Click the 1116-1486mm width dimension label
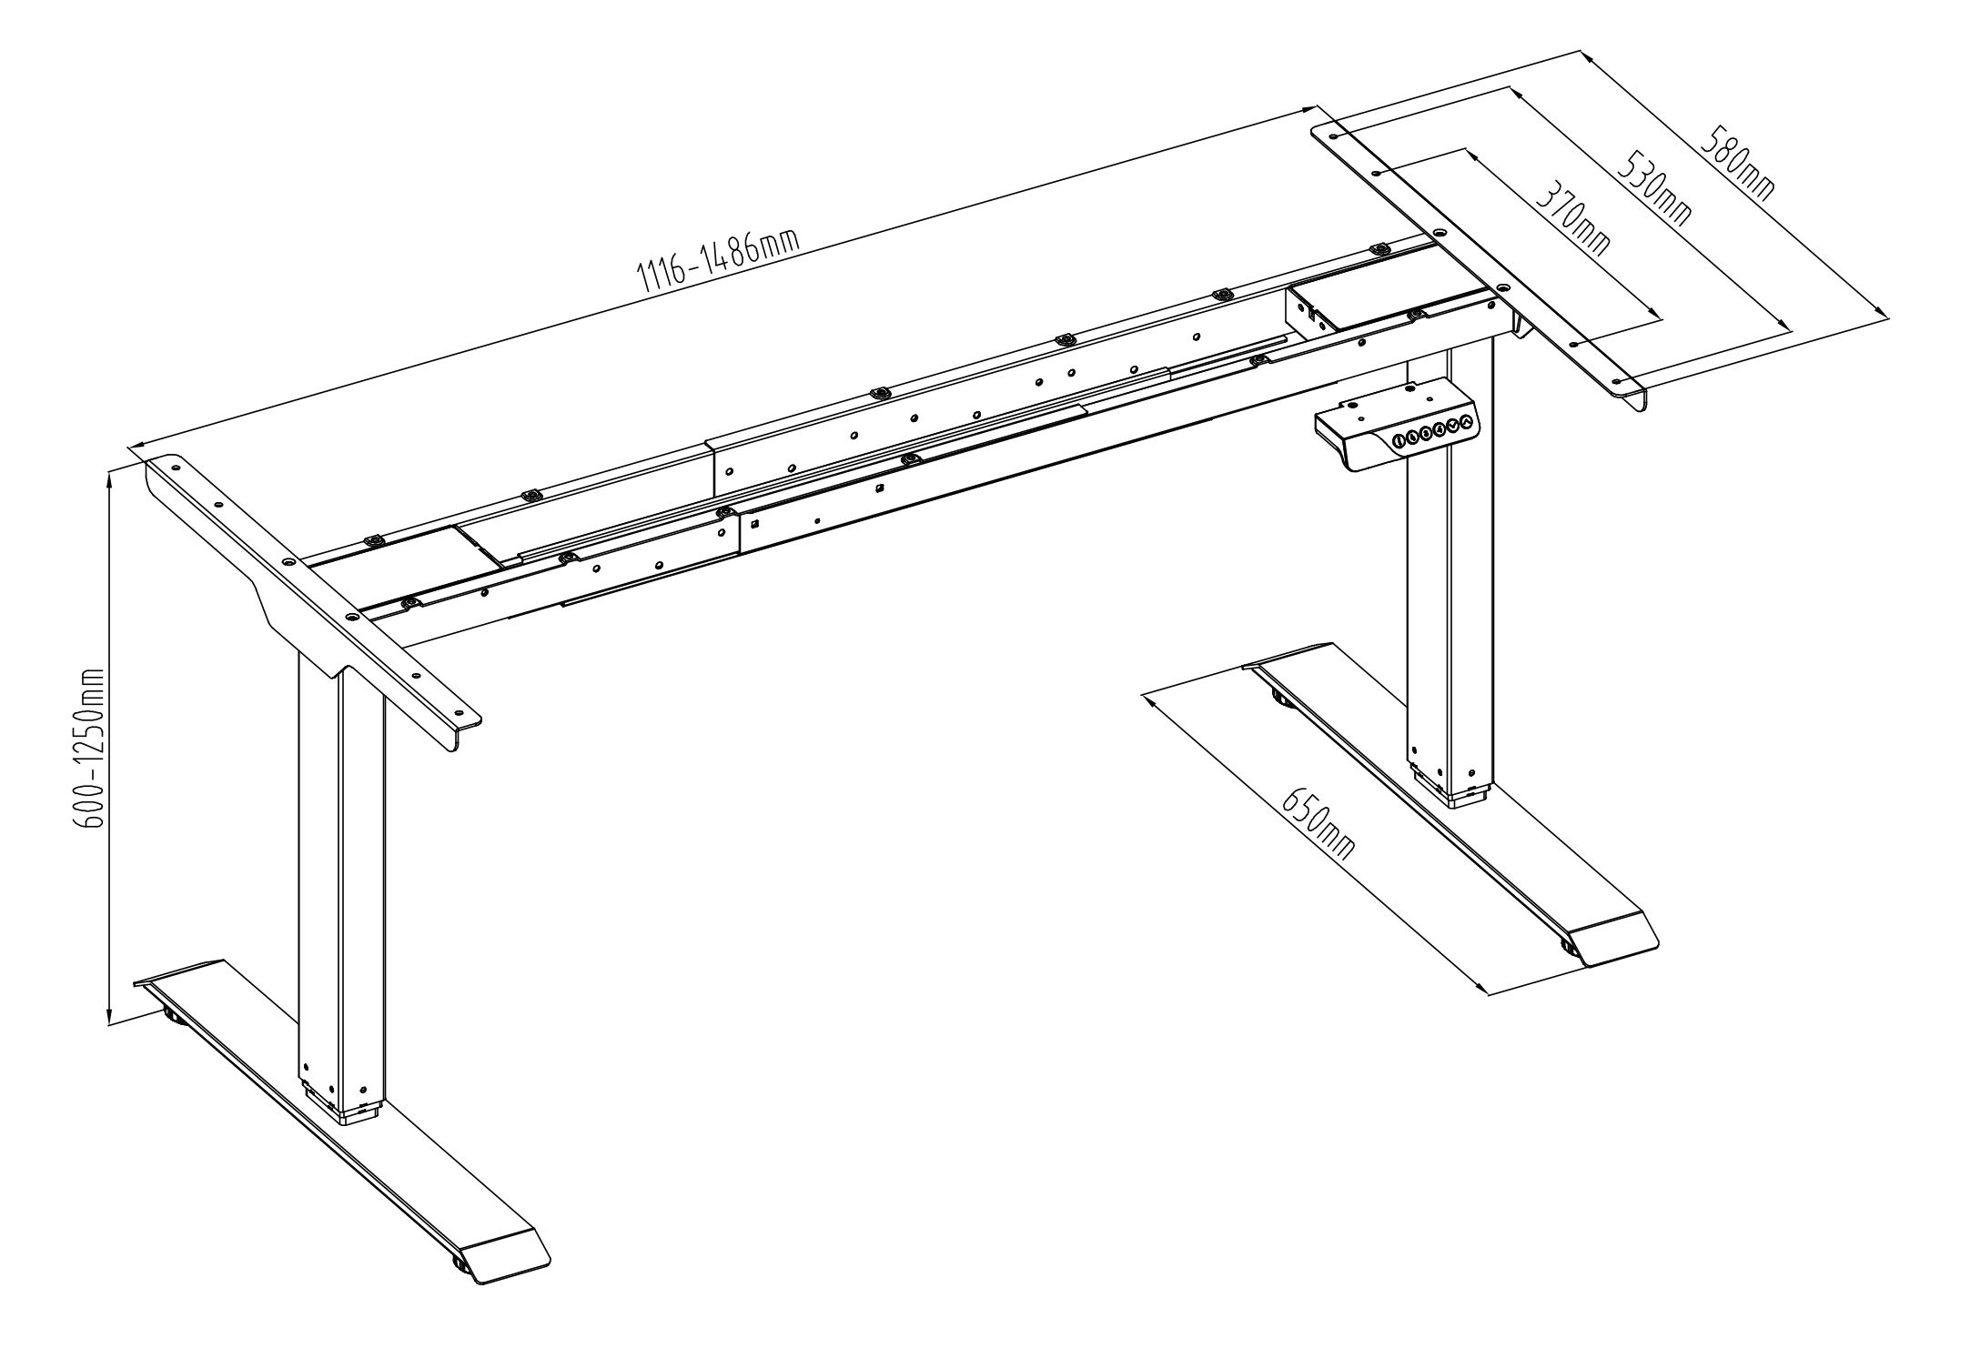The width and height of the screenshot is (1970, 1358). (720, 261)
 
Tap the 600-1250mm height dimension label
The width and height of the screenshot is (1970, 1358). (92, 748)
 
